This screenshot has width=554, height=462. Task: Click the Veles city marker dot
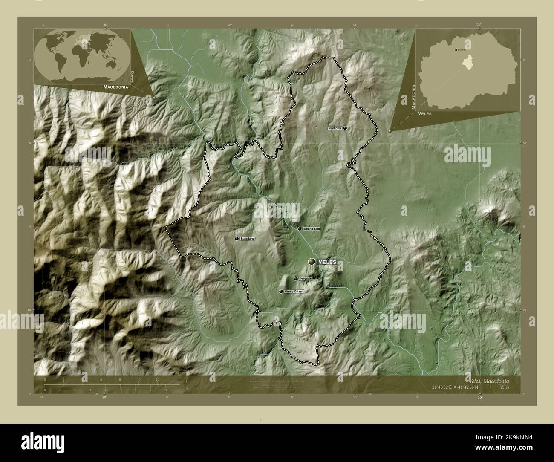click(312, 261)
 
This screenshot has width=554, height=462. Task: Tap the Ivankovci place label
click(335, 128)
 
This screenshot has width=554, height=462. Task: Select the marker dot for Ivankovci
click(345, 128)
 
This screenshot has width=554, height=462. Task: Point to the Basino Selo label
click(312, 229)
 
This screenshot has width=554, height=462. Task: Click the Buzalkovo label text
click(248, 239)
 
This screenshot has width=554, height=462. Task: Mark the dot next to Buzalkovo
click(237, 239)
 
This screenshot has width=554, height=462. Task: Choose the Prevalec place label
click(306, 279)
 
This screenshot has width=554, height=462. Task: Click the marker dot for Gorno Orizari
click(281, 292)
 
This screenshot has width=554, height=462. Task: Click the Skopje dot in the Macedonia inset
click(456, 50)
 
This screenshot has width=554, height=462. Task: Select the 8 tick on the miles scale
click(165, 390)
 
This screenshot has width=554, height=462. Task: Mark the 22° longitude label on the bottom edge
click(480, 398)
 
